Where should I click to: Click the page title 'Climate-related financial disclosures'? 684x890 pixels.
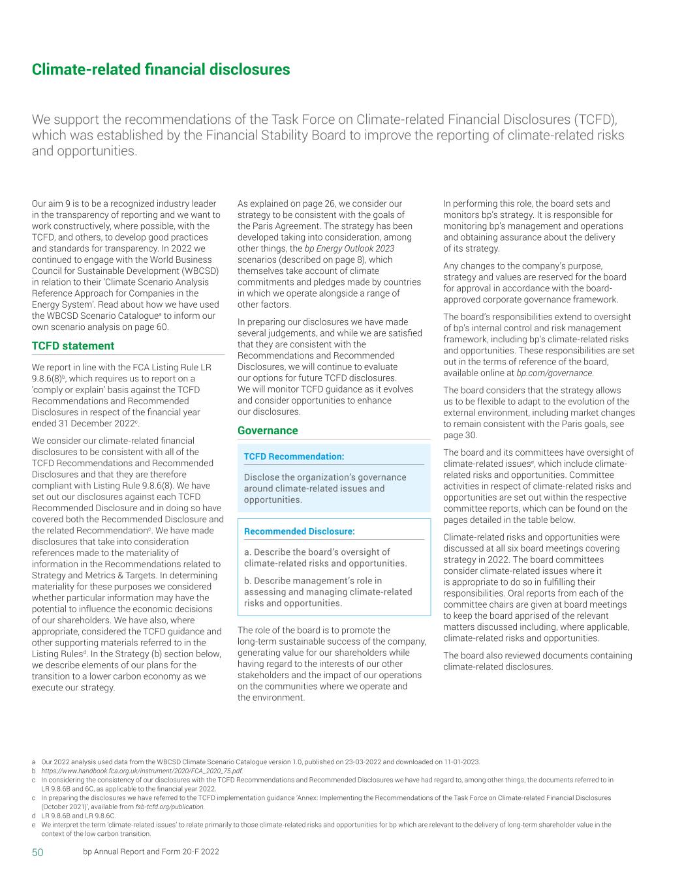pos(161,69)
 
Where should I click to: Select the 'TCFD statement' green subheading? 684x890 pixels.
pos(73,346)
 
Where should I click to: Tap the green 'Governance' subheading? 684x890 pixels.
pos(268,430)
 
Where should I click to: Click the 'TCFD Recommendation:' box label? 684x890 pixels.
pos(294,456)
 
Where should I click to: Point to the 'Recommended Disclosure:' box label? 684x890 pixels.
pos(299,531)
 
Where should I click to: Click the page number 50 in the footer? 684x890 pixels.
pos(38,852)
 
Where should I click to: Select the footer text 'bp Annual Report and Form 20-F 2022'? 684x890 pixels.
pos(151,852)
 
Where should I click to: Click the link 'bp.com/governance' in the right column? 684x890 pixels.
pos(555,373)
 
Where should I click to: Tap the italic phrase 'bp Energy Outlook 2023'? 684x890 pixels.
pos(349,248)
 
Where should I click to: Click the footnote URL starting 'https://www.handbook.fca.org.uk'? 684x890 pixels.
pos(142,770)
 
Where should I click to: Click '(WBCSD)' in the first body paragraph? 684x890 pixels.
pos(199,271)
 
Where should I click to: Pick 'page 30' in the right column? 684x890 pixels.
pos(460,436)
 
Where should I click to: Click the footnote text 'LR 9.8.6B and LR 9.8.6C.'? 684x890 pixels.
pos(78,816)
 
